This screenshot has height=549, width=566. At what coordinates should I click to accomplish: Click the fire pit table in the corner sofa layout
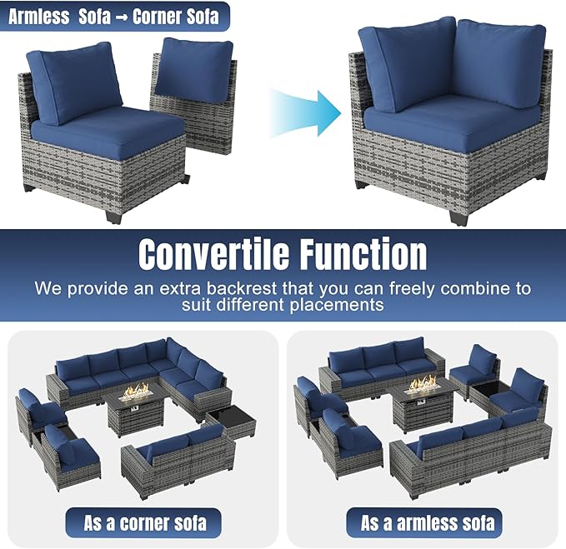tap(137, 408)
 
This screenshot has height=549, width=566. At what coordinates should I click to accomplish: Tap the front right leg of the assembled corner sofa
tap(458, 217)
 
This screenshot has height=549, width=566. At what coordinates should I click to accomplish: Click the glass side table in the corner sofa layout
tap(229, 422)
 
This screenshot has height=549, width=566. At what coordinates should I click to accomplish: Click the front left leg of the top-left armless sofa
tap(112, 214)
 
